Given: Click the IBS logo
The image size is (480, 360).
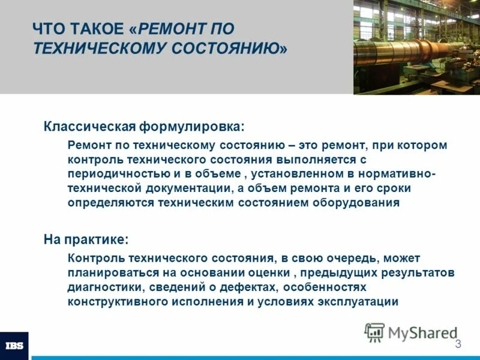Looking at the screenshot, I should (x=14, y=346).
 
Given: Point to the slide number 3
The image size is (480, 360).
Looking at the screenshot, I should (x=458, y=344).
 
